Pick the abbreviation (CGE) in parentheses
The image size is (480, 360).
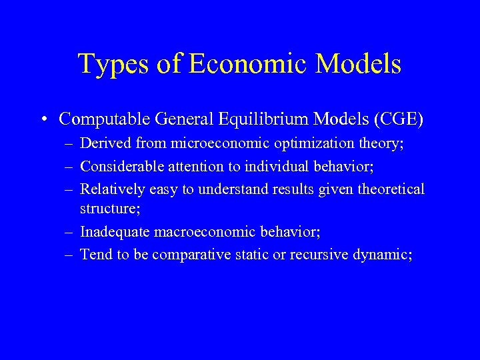click(399, 119)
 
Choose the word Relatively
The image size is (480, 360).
click(110, 189)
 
